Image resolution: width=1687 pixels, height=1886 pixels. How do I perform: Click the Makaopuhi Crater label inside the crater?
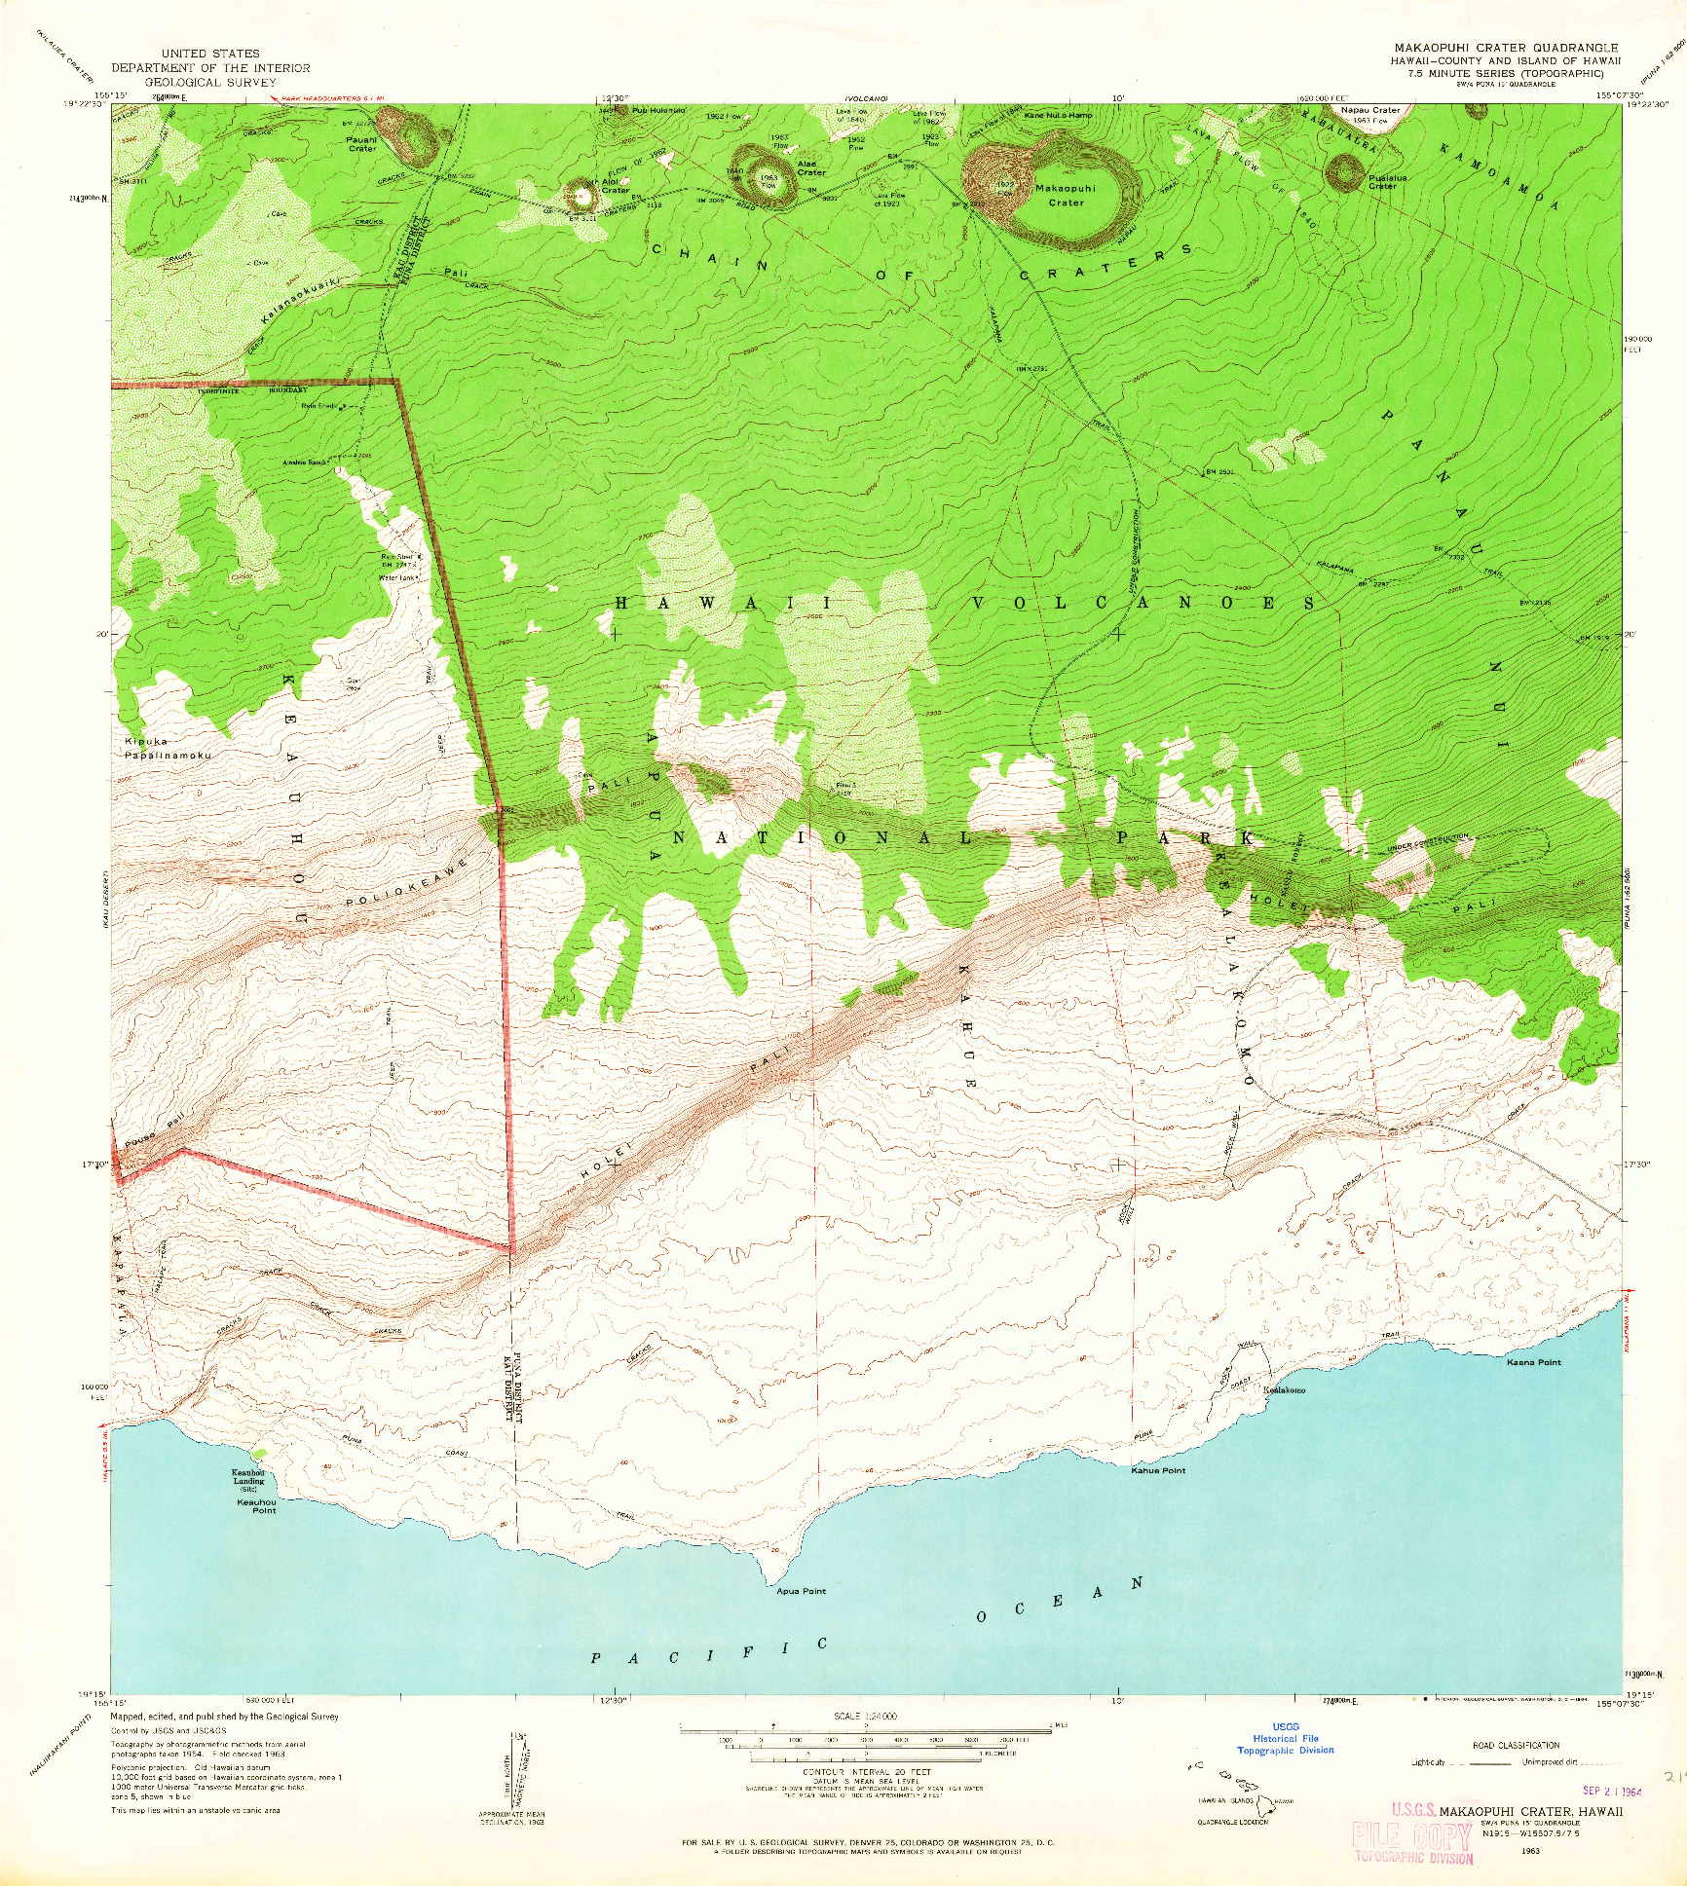click(1066, 195)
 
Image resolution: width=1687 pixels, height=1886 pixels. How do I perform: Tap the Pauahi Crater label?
click(361, 144)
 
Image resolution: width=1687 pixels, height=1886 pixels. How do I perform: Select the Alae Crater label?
click(809, 168)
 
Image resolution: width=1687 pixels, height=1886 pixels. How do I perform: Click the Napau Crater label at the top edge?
click(1370, 110)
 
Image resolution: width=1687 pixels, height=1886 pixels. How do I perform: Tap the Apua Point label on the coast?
click(801, 1591)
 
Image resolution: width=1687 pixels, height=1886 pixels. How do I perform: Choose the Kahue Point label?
click(1158, 1470)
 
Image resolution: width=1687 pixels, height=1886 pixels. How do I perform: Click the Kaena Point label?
click(1534, 1362)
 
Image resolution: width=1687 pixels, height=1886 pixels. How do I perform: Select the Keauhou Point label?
click(257, 1506)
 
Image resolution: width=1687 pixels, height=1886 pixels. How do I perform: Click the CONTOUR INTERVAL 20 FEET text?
click(867, 1772)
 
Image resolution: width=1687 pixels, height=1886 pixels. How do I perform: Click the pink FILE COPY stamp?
click(1411, 1835)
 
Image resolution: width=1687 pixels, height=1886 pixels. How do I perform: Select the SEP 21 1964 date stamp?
click(1612, 1790)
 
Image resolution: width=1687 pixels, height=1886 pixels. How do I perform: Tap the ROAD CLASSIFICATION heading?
click(1516, 1745)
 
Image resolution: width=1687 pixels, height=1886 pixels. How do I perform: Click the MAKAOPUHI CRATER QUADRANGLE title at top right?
click(1506, 48)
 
